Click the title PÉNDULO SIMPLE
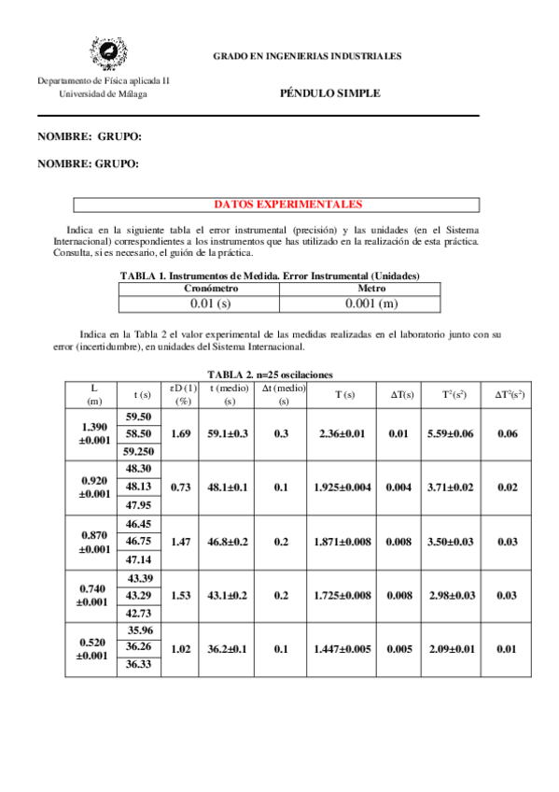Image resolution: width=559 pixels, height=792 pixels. tap(329, 93)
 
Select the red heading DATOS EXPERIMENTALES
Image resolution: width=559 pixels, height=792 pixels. tap(275, 205)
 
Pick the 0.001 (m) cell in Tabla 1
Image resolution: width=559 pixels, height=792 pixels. tap(371, 303)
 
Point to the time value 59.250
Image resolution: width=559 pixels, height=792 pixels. tap(138, 450)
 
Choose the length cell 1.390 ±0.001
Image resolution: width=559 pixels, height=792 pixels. tap(94, 433)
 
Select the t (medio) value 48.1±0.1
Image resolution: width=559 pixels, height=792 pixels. tap(228, 487)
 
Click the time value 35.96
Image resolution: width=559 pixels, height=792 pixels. tap(138, 631)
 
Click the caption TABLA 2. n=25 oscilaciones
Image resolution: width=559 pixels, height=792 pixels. tap(275, 374)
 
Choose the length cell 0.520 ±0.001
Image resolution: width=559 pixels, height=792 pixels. tap(94, 649)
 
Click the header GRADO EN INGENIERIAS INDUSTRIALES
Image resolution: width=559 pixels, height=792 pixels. tap(307, 56)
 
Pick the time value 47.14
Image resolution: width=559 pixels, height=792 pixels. tap(138, 559)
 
